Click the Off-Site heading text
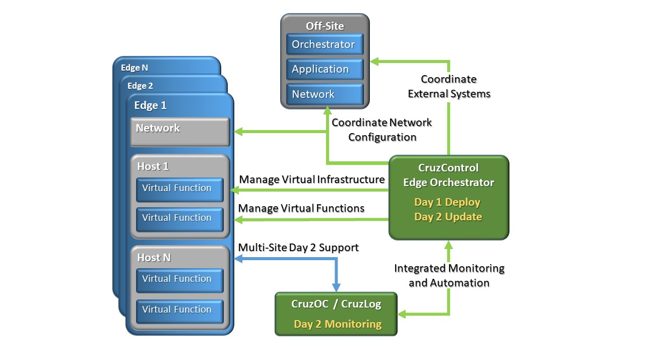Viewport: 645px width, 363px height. coord(325,26)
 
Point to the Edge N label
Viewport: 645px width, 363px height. coord(135,67)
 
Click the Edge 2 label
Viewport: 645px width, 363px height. coord(140,86)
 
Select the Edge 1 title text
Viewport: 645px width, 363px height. coord(150,105)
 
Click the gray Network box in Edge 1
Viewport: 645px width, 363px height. coord(180,131)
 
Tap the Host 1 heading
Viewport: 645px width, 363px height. coord(153,166)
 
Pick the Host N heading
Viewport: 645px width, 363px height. coord(154,258)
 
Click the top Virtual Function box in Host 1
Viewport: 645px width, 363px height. coord(179,189)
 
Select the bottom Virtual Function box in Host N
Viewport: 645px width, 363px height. coord(179,310)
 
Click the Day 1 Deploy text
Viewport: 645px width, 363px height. coord(447,202)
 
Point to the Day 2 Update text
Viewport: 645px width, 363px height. coord(448,217)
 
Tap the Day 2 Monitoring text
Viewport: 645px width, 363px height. coord(338,324)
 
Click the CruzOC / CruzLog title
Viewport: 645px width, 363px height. coord(336,304)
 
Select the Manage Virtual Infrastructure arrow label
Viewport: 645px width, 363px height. coord(312,179)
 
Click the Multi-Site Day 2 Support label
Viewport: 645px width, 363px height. coord(298,248)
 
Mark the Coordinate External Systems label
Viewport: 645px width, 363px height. coord(449,86)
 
